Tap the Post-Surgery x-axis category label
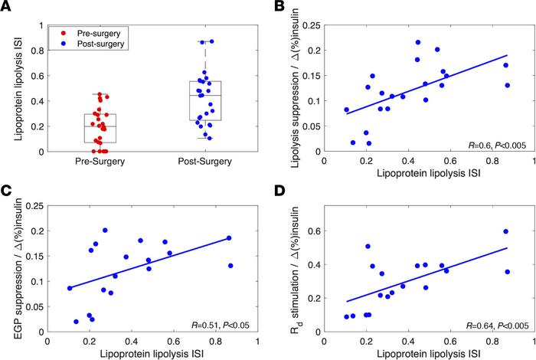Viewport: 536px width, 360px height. [x=205, y=163]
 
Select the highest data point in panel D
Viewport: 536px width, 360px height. [x=505, y=231]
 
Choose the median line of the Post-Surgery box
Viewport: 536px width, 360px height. [x=205, y=95]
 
